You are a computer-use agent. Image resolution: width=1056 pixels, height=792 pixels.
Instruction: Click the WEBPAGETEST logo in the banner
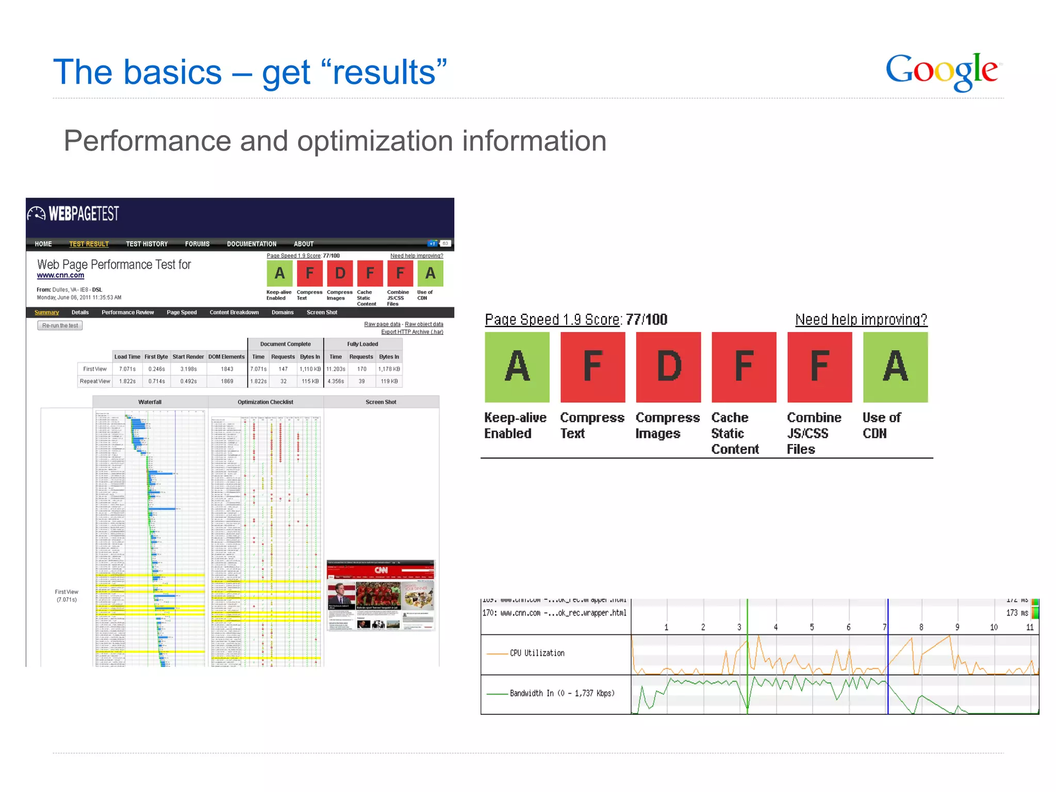click(x=74, y=213)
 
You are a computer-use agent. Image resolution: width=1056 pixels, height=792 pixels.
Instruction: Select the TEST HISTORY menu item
click(x=146, y=244)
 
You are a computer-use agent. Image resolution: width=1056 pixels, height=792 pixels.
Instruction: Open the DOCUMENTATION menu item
click(x=252, y=244)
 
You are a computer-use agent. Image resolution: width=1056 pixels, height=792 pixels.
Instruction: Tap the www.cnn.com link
click(x=60, y=275)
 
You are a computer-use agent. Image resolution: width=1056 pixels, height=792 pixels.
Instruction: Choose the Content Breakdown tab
click(x=234, y=312)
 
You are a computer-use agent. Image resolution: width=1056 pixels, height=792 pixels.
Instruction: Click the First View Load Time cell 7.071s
click(x=127, y=369)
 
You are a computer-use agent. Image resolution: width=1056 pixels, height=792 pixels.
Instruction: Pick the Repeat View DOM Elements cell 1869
click(x=227, y=382)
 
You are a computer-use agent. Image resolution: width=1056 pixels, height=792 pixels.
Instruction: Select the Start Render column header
click(x=188, y=357)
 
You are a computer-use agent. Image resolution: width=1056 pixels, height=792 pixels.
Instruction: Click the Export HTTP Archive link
click(x=412, y=332)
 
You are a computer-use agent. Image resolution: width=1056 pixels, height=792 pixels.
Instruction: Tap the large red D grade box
click(x=668, y=367)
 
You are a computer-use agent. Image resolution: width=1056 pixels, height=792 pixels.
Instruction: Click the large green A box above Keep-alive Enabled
click(x=517, y=367)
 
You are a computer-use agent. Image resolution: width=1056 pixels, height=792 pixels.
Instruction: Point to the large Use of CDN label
click(x=881, y=425)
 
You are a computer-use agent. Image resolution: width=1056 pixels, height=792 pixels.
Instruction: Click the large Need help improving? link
click(x=861, y=320)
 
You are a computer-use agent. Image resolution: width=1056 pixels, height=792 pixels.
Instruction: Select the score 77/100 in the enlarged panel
click(x=647, y=320)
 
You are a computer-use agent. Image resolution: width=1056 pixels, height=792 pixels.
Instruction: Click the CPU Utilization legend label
click(x=537, y=653)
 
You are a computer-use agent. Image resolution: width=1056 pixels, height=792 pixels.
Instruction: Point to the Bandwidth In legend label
click(x=562, y=694)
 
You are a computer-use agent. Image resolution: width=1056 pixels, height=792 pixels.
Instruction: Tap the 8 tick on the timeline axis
click(x=921, y=628)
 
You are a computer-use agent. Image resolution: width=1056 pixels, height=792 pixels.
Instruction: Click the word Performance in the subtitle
click(x=147, y=141)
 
